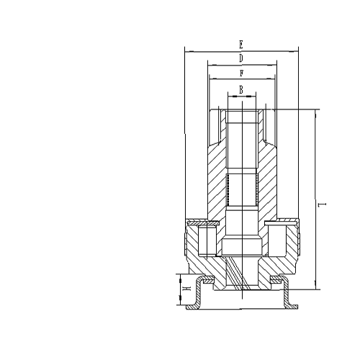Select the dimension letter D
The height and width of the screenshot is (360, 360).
coord(240,58)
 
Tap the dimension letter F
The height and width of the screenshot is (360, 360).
coord(240,73)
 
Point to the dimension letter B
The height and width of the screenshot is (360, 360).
coord(241,89)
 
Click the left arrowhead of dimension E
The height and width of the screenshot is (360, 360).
coord(186,51)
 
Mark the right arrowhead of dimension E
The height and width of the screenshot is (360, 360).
coord(296,51)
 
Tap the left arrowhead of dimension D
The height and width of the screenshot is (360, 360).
coord(209,65)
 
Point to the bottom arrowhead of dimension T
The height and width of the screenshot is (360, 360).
coord(316,288)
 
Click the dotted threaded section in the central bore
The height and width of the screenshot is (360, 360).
coord(242,189)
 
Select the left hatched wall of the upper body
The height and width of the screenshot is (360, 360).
coord(217,180)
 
